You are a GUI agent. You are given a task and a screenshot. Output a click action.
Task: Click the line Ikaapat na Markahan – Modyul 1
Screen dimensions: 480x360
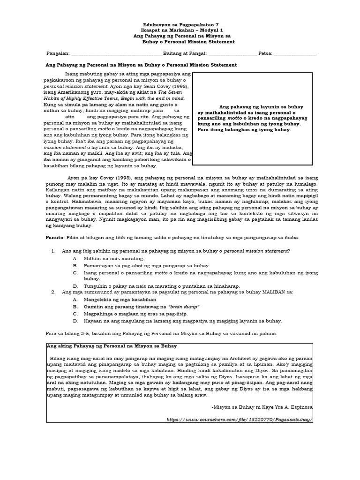[x=180, y=30]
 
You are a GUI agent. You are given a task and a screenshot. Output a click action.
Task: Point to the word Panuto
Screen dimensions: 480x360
[x=54, y=238]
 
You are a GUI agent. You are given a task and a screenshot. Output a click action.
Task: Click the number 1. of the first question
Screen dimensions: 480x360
[x=53, y=251]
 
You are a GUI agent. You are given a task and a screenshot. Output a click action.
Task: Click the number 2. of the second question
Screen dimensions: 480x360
[x=53, y=292]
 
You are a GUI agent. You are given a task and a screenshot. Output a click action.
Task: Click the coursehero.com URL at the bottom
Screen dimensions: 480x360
[x=239, y=420]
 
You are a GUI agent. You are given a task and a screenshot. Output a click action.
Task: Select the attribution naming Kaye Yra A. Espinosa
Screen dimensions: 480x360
[x=261, y=408]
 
